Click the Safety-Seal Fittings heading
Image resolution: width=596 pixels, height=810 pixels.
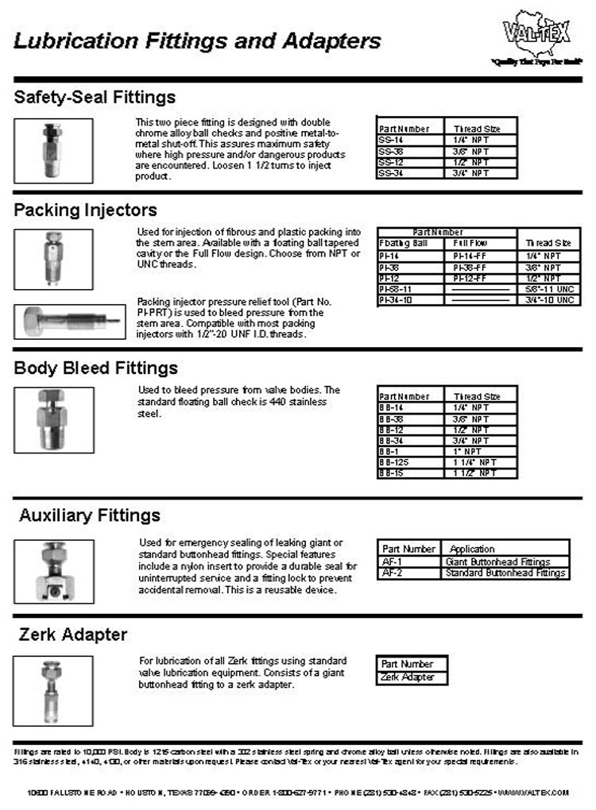[95, 98]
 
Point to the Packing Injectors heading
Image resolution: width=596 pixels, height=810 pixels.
[85, 210]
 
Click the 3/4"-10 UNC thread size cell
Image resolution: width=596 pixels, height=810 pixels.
[548, 300]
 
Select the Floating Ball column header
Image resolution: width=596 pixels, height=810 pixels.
[404, 243]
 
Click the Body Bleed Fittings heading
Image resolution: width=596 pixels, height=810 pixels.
[95, 368]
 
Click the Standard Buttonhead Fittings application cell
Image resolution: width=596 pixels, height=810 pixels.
[505, 573]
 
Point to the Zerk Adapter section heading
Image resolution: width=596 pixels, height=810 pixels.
[73, 634]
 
